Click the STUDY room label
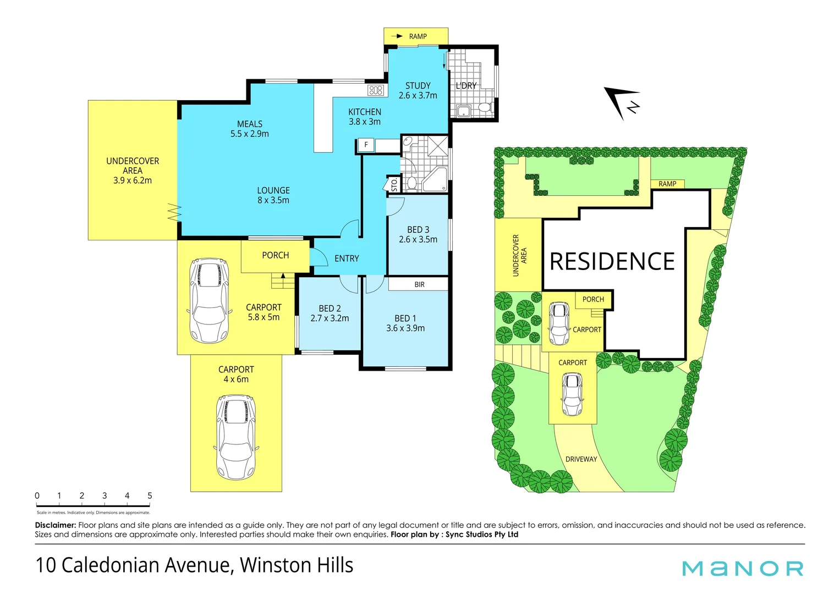click(418, 86)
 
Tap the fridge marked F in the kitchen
click(366, 145)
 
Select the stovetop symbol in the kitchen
click(376, 90)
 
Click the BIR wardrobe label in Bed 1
click(419, 284)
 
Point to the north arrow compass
click(623, 102)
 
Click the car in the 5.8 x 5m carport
click(208, 300)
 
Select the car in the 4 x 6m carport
click(236, 437)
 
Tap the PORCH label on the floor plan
click(275, 255)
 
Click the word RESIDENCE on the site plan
click(612, 262)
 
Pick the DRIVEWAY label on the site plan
click(581, 459)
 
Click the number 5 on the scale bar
click(150, 496)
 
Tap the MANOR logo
click(743, 568)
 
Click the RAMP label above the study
click(418, 36)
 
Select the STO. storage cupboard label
click(394, 184)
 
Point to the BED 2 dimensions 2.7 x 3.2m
click(330, 318)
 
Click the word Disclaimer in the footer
click(55, 525)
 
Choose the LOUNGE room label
click(273, 190)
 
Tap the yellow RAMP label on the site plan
click(667, 184)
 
